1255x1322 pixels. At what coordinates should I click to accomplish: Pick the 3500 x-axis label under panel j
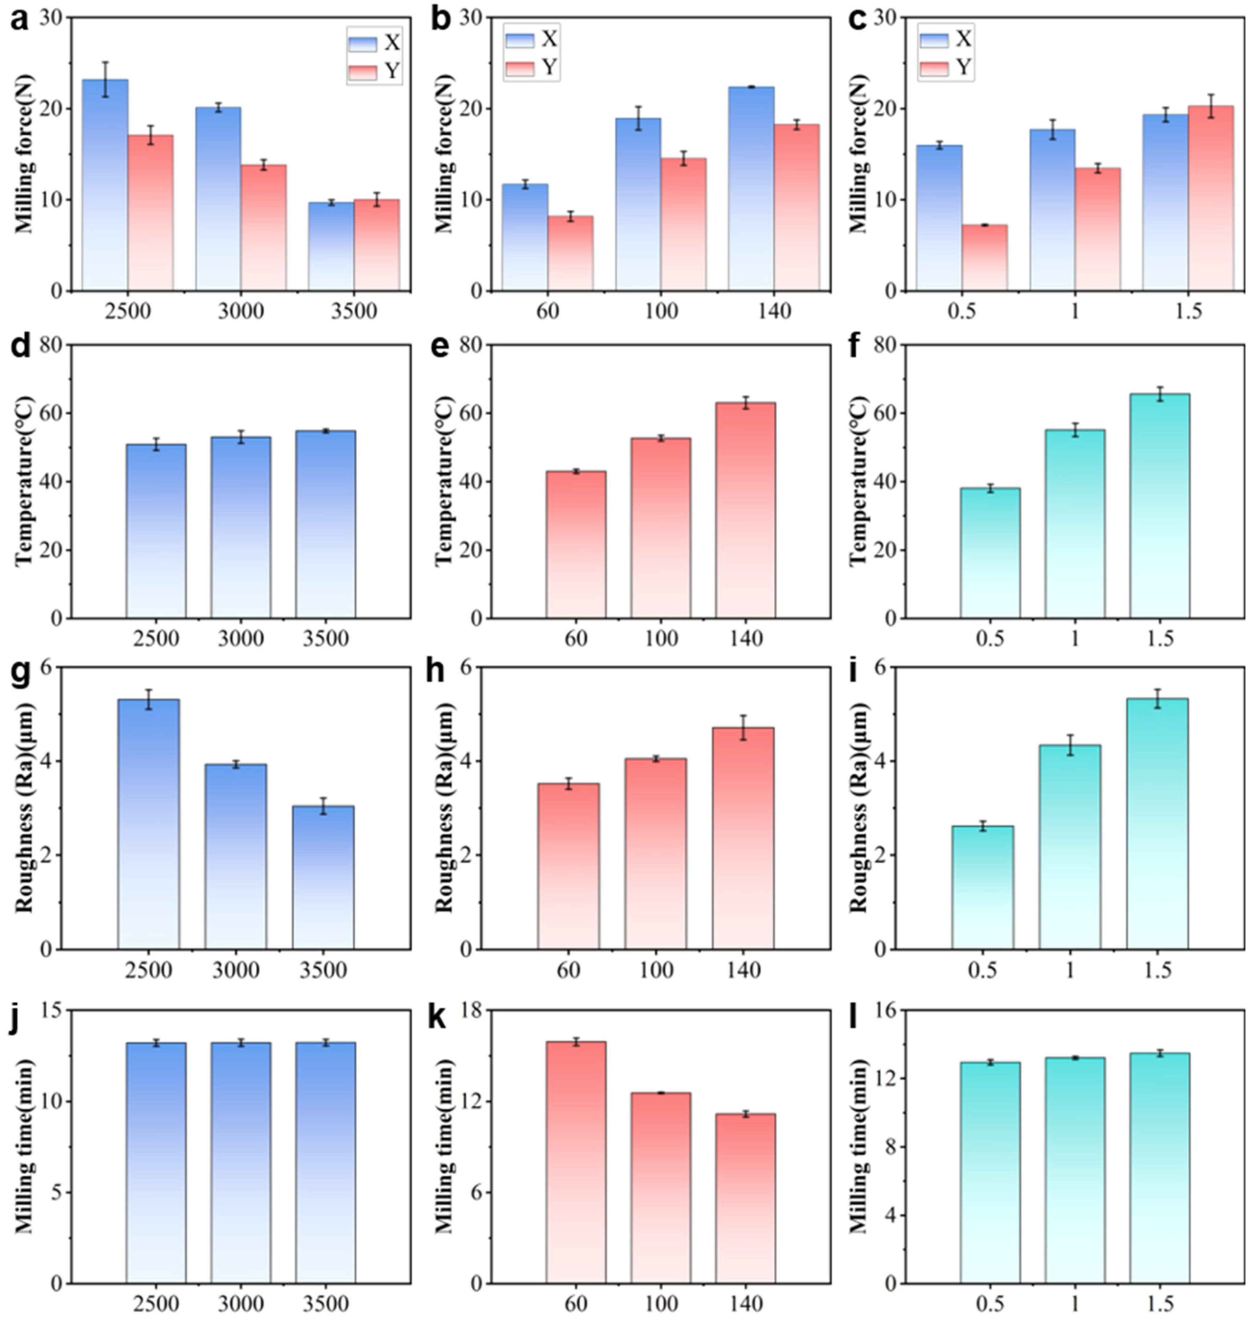pyautogui.click(x=326, y=1303)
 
